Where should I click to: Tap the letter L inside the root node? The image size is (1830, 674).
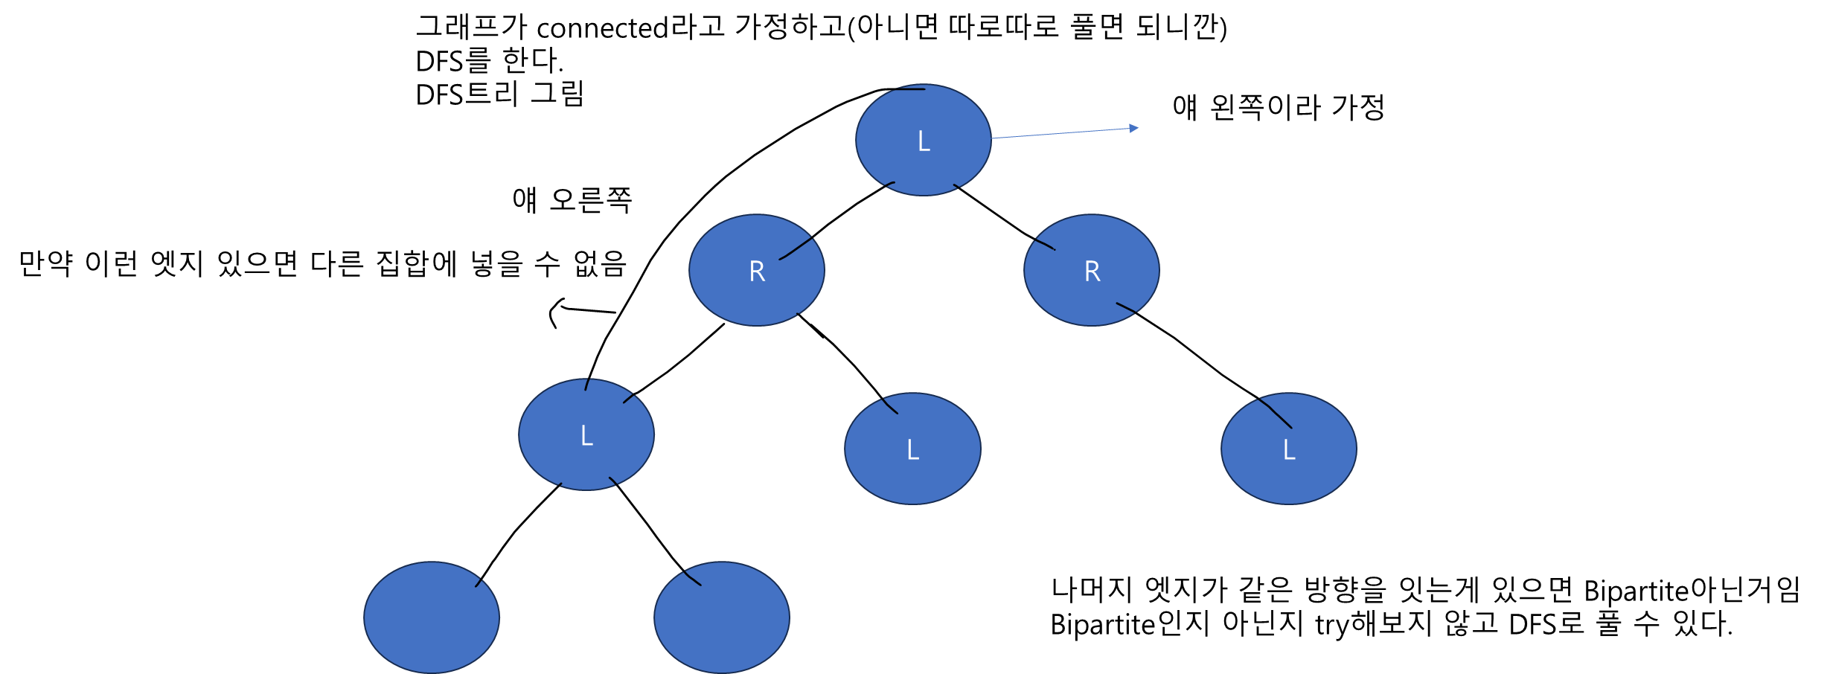[x=924, y=141]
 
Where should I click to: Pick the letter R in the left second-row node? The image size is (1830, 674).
[x=757, y=272]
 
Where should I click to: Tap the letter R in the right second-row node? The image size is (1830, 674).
[x=1092, y=272]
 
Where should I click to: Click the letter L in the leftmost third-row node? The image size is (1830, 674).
[x=586, y=435]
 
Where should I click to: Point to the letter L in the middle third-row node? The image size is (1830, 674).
[x=913, y=449]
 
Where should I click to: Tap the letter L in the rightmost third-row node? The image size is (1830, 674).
[x=1290, y=449]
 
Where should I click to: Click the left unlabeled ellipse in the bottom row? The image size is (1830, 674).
[x=432, y=617]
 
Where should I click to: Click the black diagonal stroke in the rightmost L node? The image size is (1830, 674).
[x=1276, y=413]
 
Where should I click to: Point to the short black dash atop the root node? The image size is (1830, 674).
[x=911, y=89]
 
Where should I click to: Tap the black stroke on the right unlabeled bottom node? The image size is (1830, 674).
[x=692, y=578]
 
